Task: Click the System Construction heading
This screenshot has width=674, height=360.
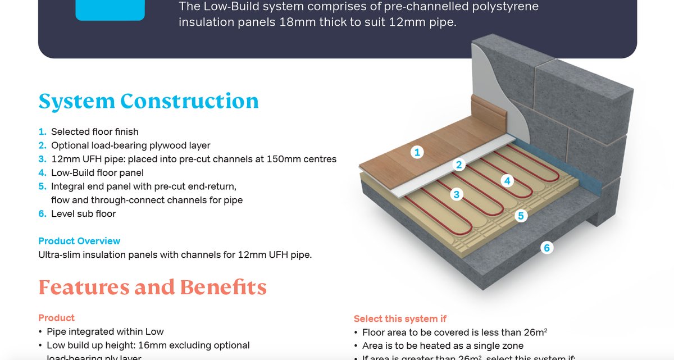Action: pyautogui.click(x=148, y=102)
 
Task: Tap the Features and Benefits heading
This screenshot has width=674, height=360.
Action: pyautogui.click(x=152, y=288)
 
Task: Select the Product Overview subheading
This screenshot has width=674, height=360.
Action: pyautogui.click(x=79, y=241)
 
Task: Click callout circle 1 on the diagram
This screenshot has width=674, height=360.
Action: pyautogui.click(x=416, y=152)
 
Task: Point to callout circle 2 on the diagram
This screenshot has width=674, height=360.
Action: pyautogui.click(x=459, y=165)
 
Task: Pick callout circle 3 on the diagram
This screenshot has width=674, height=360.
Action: pyautogui.click(x=457, y=194)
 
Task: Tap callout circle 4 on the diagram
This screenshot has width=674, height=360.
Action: pyautogui.click(x=507, y=180)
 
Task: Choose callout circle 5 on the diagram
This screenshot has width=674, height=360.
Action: pyautogui.click(x=521, y=216)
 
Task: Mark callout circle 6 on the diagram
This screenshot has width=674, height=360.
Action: pyautogui.click(x=547, y=247)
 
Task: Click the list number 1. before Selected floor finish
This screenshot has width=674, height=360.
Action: pyautogui.click(x=43, y=132)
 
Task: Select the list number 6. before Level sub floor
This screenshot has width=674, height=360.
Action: pyautogui.click(x=43, y=213)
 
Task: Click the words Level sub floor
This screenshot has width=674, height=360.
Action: pyautogui.click(x=83, y=213)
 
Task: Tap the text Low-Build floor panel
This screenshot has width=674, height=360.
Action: pyautogui.click(x=97, y=173)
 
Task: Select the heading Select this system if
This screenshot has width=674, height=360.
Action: pyautogui.click(x=400, y=319)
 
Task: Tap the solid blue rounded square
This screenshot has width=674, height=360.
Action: pyautogui.click(x=110, y=10)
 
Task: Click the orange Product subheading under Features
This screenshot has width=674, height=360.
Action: pyautogui.click(x=56, y=318)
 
